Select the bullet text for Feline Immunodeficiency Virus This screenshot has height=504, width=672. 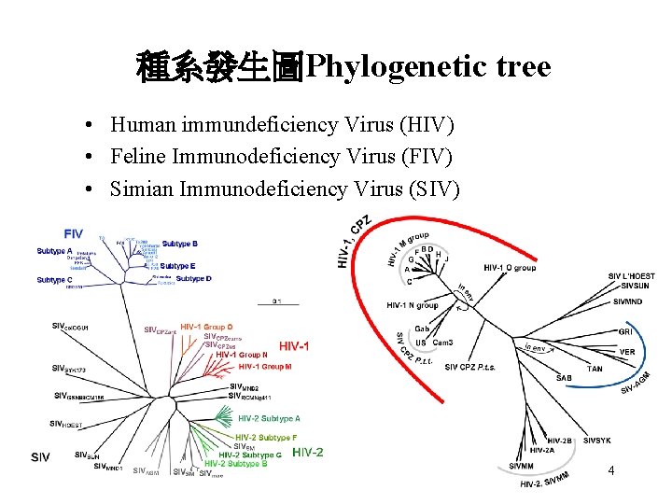281,157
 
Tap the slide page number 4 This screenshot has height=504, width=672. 610,470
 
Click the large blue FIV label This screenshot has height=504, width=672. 73,233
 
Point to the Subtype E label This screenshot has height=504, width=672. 178,266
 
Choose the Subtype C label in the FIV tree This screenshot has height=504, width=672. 55,280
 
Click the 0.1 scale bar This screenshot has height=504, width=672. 276,301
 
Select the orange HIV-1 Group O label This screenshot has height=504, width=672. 206,315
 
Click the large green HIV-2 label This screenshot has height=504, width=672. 307,453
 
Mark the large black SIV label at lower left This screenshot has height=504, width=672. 40,456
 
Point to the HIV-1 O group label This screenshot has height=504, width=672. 510,268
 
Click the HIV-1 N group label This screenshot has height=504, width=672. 413,305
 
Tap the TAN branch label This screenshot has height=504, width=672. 595,370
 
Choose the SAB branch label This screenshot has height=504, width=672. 563,378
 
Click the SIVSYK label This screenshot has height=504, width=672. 597,440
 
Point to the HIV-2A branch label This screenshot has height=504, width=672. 541,451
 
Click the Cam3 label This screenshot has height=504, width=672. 442,343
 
